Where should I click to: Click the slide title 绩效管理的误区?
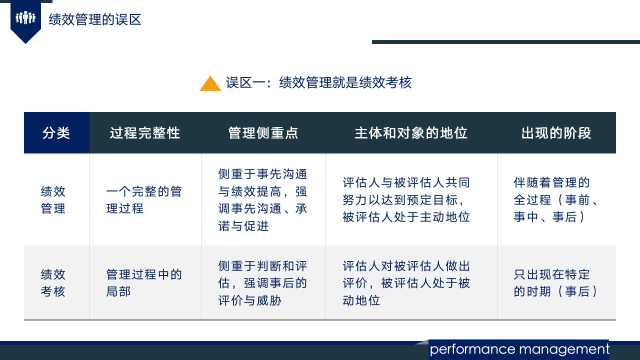[x=95, y=19]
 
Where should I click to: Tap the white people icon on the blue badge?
[x=25, y=18]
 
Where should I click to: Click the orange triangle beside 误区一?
[x=210, y=83]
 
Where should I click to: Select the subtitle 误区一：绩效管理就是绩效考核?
[x=318, y=82]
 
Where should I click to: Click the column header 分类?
[x=56, y=133]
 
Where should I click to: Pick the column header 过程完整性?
[x=145, y=133]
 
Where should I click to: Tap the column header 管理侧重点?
[x=263, y=133]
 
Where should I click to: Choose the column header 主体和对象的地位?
[x=411, y=133]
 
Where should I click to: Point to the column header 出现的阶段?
[x=556, y=133]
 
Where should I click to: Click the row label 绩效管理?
[x=53, y=200]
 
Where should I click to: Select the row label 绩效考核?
[x=53, y=283]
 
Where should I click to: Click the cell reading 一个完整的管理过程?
[x=144, y=200]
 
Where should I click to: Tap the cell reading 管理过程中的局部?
[x=144, y=283]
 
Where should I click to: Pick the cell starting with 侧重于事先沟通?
[x=263, y=200]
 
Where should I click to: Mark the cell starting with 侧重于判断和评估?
[x=263, y=283]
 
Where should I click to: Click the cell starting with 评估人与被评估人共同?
[x=406, y=199]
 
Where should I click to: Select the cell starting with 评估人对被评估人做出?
[x=406, y=283]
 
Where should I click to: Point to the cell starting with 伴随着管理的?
[x=556, y=199]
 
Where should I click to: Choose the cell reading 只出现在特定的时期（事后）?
[x=556, y=283]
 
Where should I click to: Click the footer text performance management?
[x=519, y=349]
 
